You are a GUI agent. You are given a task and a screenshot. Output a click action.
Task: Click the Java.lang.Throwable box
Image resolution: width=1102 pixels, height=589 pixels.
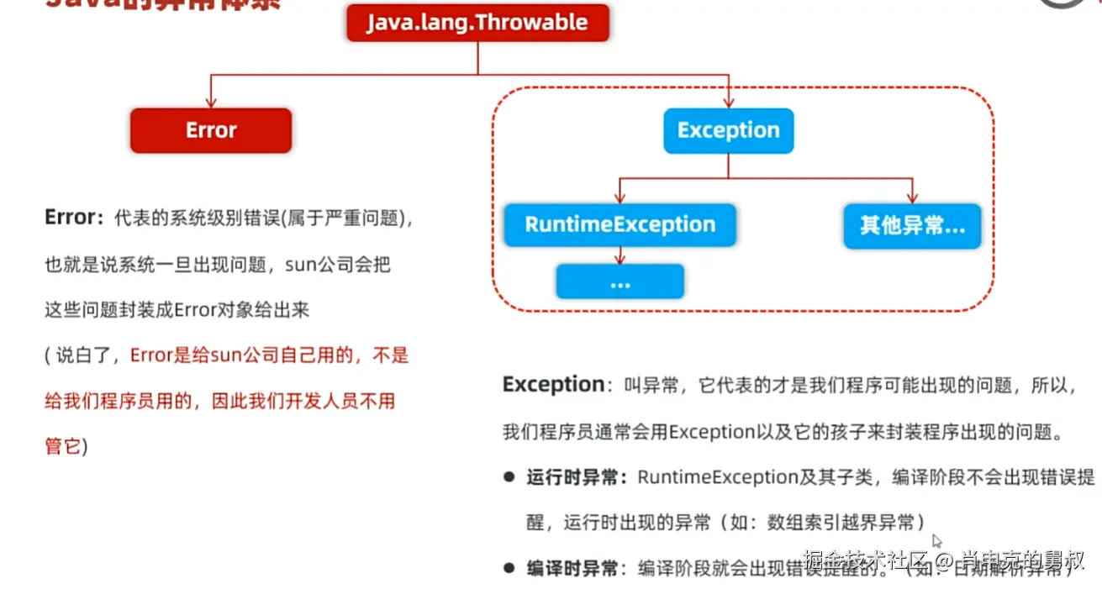(477, 23)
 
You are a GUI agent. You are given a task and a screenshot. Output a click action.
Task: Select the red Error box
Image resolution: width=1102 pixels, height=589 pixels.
(211, 130)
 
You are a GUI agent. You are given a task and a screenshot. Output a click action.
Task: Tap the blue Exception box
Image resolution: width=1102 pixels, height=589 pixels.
(728, 130)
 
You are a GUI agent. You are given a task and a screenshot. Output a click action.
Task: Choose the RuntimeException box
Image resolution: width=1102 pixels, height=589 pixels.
(620, 224)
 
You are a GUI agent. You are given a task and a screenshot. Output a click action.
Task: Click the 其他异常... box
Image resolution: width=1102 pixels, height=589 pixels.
(912, 225)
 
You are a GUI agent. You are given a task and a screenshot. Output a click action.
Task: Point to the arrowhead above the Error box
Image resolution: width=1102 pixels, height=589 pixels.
(211, 103)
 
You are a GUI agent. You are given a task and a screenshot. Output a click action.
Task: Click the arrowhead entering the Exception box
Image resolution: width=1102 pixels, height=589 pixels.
(728, 103)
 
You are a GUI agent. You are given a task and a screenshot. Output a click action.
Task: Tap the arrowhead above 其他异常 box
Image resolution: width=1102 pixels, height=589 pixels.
(912, 197)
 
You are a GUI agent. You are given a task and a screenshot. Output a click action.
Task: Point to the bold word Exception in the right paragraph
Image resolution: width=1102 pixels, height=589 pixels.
(553, 385)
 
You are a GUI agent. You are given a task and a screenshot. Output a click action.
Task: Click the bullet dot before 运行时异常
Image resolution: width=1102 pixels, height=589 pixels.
(509, 476)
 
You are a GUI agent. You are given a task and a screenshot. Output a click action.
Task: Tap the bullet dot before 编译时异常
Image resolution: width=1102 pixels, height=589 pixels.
(509, 568)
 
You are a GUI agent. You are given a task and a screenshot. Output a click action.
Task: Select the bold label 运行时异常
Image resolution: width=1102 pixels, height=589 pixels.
(576, 477)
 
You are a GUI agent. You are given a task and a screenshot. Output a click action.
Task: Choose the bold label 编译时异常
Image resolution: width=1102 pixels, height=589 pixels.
(576, 568)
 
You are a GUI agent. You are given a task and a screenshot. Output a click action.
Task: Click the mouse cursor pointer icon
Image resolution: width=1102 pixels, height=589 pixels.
(937, 542)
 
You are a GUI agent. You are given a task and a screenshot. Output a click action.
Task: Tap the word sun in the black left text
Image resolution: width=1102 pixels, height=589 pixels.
(299, 264)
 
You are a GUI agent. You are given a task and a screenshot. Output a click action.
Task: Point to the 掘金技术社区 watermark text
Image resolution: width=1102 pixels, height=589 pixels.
(866, 559)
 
